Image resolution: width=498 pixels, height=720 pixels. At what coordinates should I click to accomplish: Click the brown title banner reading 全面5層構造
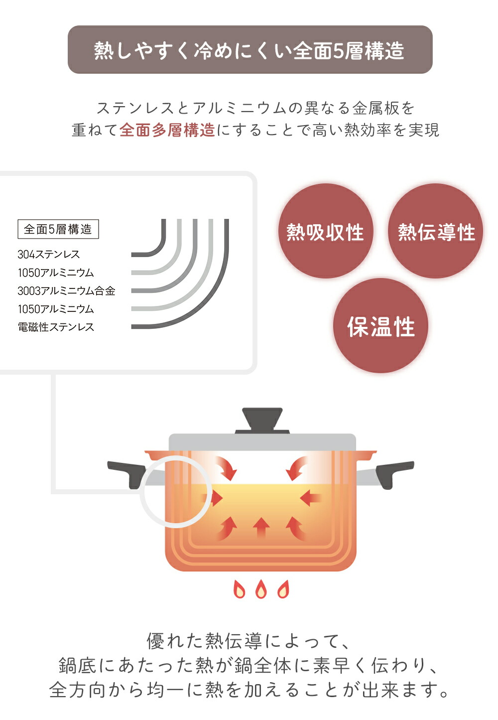point(250,49)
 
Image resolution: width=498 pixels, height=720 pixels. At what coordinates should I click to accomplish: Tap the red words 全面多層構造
point(167,130)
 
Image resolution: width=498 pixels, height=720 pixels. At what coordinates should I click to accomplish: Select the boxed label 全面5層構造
point(58,229)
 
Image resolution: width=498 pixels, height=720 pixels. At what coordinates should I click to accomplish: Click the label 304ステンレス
point(48,254)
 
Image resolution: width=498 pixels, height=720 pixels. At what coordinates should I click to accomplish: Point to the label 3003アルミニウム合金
point(67,290)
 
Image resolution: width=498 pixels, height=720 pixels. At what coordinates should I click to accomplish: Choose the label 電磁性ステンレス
point(56,327)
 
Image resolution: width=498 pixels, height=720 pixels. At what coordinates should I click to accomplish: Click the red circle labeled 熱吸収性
point(326,231)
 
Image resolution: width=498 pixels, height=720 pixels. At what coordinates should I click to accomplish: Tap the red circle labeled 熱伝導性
point(435,231)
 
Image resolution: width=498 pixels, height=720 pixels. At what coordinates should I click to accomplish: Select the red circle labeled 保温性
point(380,325)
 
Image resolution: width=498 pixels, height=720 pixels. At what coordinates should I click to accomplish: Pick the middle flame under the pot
point(261,589)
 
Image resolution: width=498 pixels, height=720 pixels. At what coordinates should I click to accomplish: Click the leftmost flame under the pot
point(239,589)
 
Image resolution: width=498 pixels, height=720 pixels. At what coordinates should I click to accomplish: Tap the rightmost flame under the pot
point(283,589)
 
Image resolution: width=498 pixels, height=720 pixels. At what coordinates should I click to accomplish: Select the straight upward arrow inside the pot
point(261,528)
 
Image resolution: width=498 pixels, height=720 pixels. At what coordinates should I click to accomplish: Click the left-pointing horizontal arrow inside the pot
point(310,498)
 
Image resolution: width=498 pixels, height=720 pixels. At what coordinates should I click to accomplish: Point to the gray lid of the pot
point(262,442)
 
